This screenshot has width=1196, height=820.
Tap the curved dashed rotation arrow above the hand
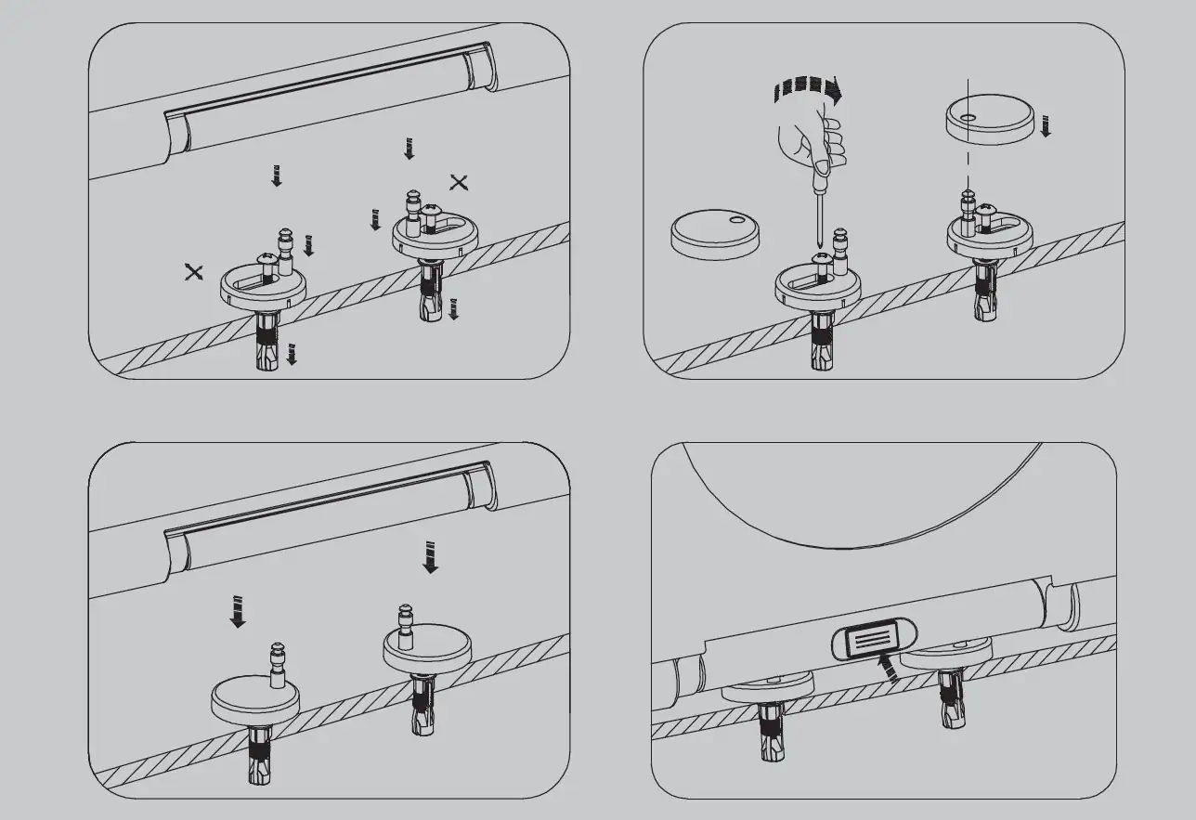tap(805, 91)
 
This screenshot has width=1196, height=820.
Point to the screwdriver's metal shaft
tap(816, 215)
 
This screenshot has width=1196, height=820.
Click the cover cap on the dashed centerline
tap(988, 120)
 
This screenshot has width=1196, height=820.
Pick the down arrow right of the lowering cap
tap(1046, 125)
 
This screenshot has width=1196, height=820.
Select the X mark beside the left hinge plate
tap(193, 271)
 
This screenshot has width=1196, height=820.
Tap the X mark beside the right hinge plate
tap(459, 182)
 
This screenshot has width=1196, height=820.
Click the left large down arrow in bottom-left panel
tap(239, 611)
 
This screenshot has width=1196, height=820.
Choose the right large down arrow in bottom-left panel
tap(430, 556)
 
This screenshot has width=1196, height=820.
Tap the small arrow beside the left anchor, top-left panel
tap(292, 353)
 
